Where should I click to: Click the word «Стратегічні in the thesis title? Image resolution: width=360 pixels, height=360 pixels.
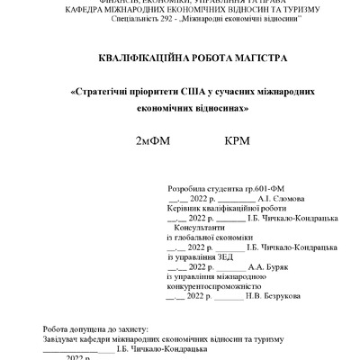coord(103,91)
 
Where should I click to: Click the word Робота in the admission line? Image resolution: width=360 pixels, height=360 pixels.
coord(57,329)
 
